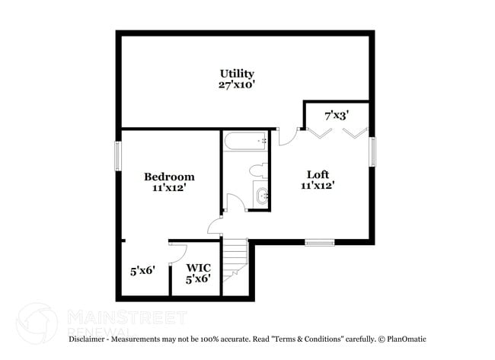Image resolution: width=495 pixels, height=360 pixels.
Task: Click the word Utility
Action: [x=237, y=74]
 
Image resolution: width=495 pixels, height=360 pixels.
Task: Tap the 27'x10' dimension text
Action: [x=237, y=85]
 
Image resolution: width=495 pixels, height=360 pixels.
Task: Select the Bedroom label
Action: [x=169, y=177]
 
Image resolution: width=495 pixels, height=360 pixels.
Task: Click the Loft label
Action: [x=318, y=173]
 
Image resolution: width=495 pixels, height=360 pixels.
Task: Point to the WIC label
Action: [x=198, y=268]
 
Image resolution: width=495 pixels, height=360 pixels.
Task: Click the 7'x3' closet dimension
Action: [x=337, y=116]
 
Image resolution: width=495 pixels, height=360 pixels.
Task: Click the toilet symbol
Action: [x=257, y=169]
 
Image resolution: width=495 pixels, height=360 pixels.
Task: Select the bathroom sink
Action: [x=261, y=196]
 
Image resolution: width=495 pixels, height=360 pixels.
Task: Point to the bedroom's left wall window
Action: [x=118, y=156]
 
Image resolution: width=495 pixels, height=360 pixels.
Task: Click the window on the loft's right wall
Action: [x=372, y=151]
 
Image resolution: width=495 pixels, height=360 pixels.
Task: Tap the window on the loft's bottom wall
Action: [x=320, y=243]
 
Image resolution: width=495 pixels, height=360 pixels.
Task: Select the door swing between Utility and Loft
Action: [x=288, y=135]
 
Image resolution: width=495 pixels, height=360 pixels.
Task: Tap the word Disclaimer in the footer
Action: [x=89, y=339]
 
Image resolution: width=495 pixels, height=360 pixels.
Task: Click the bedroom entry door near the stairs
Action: [x=216, y=226]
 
